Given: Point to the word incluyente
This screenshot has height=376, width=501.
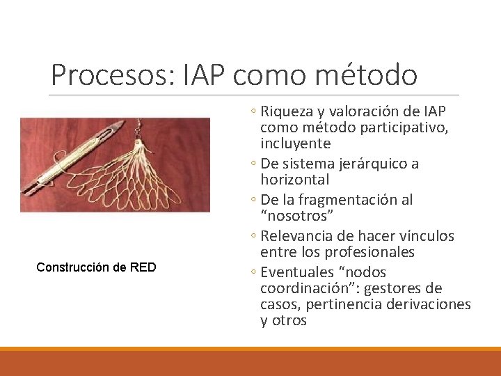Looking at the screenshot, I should (295, 143).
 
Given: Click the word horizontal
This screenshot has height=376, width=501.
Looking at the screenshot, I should (294, 180).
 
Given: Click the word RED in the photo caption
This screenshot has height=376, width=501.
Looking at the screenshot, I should (143, 267).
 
